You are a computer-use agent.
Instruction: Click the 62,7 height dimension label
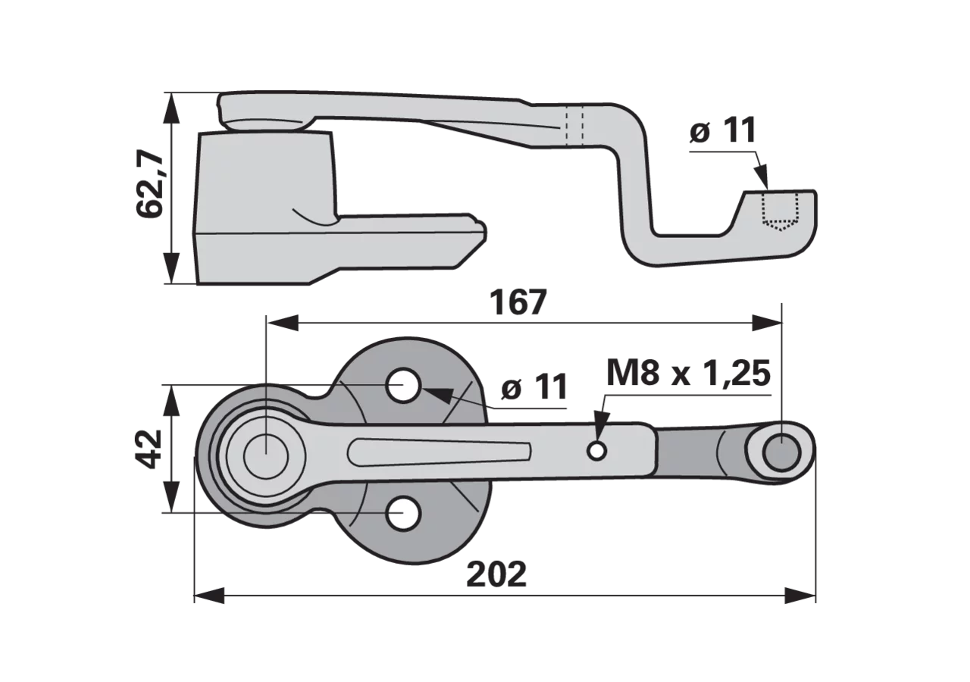(x=150, y=183)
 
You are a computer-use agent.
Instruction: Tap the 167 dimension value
(x=518, y=302)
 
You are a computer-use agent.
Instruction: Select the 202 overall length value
(x=496, y=574)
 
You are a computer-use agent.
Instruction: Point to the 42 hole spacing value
(x=149, y=449)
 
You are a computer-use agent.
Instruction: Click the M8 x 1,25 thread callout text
(x=688, y=374)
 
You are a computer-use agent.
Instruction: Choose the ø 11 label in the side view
(x=723, y=130)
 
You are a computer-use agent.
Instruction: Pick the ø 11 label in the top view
(x=534, y=386)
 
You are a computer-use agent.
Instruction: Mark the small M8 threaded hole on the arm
(x=596, y=451)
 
